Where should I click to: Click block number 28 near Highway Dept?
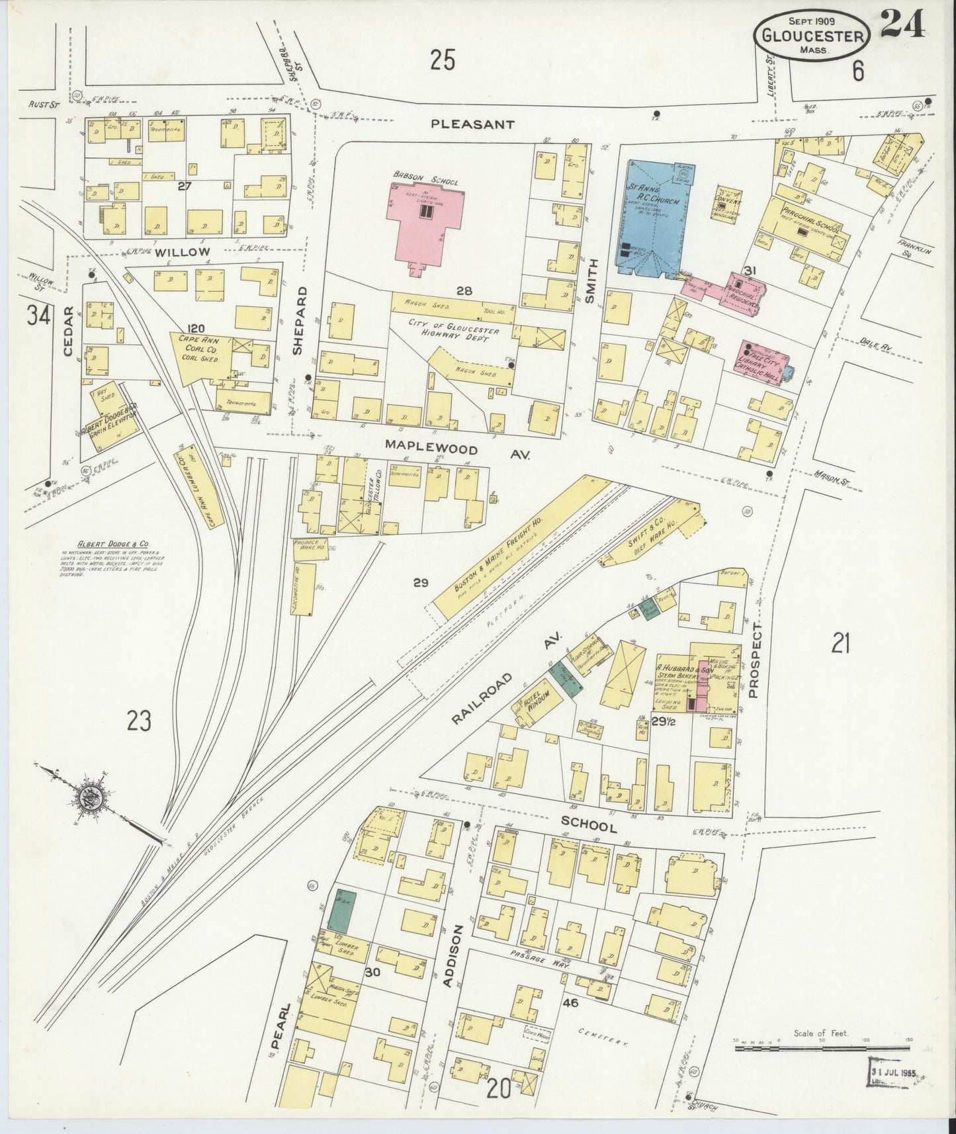(462, 290)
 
